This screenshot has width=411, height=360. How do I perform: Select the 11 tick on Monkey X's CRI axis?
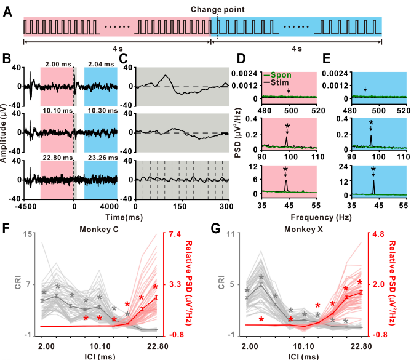coord(226,234)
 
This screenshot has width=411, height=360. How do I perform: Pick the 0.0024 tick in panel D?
coord(245,73)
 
